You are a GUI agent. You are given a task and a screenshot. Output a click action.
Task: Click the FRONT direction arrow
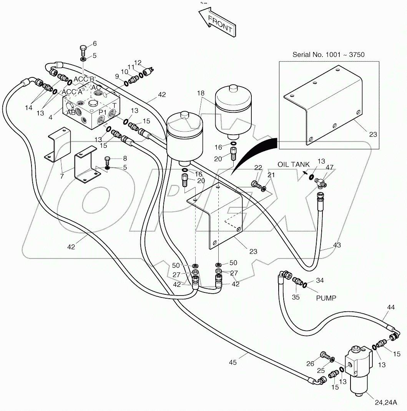[x=217, y=23]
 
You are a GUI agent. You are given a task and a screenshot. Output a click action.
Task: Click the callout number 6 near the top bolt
[x=95, y=43]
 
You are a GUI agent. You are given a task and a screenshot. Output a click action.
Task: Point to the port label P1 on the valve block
[x=102, y=112]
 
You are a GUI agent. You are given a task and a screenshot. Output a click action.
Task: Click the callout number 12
[x=138, y=63]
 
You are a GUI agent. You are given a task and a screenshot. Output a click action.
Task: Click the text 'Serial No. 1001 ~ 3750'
[x=329, y=55]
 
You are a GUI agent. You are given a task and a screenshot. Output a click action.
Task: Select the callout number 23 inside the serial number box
[x=372, y=134]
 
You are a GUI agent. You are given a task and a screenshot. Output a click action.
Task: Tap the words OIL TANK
[x=294, y=164]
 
